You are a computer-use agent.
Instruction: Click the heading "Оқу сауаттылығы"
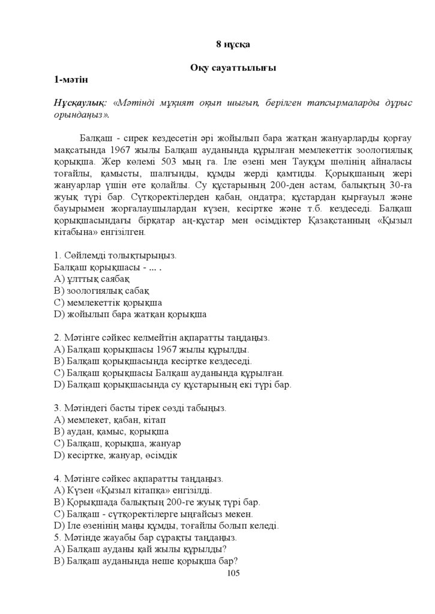pyautogui.click(x=233, y=68)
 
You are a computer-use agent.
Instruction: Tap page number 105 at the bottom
pyautogui.click(x=233, y=573)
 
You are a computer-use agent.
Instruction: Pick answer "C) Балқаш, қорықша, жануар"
pyautogui.click(x=117, y=443)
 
